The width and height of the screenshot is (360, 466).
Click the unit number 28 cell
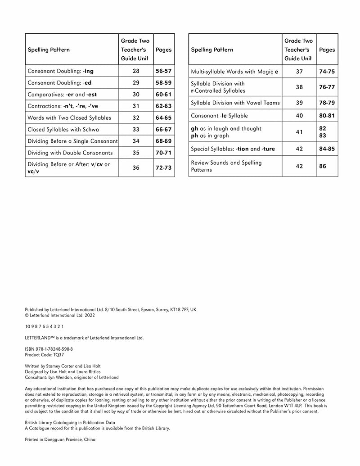136,71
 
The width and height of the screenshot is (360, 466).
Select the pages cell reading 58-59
163,83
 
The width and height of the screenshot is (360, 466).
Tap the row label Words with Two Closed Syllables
69,118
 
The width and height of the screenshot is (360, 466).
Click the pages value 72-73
163,167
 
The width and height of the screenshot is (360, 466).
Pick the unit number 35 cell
136,153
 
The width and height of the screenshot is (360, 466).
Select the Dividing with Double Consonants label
70,153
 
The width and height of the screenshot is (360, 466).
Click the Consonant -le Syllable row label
219,116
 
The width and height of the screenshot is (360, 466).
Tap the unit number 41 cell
299,132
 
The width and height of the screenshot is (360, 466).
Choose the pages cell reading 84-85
327,149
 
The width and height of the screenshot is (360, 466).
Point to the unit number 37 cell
299,72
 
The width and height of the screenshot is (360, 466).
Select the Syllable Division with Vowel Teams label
235,103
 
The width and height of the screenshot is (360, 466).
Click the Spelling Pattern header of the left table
49,50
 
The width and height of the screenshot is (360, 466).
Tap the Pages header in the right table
327,50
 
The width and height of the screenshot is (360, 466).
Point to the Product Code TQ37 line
39,354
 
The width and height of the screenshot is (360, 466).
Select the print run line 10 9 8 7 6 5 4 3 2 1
45,326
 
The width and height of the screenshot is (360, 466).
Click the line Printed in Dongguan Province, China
60,439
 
